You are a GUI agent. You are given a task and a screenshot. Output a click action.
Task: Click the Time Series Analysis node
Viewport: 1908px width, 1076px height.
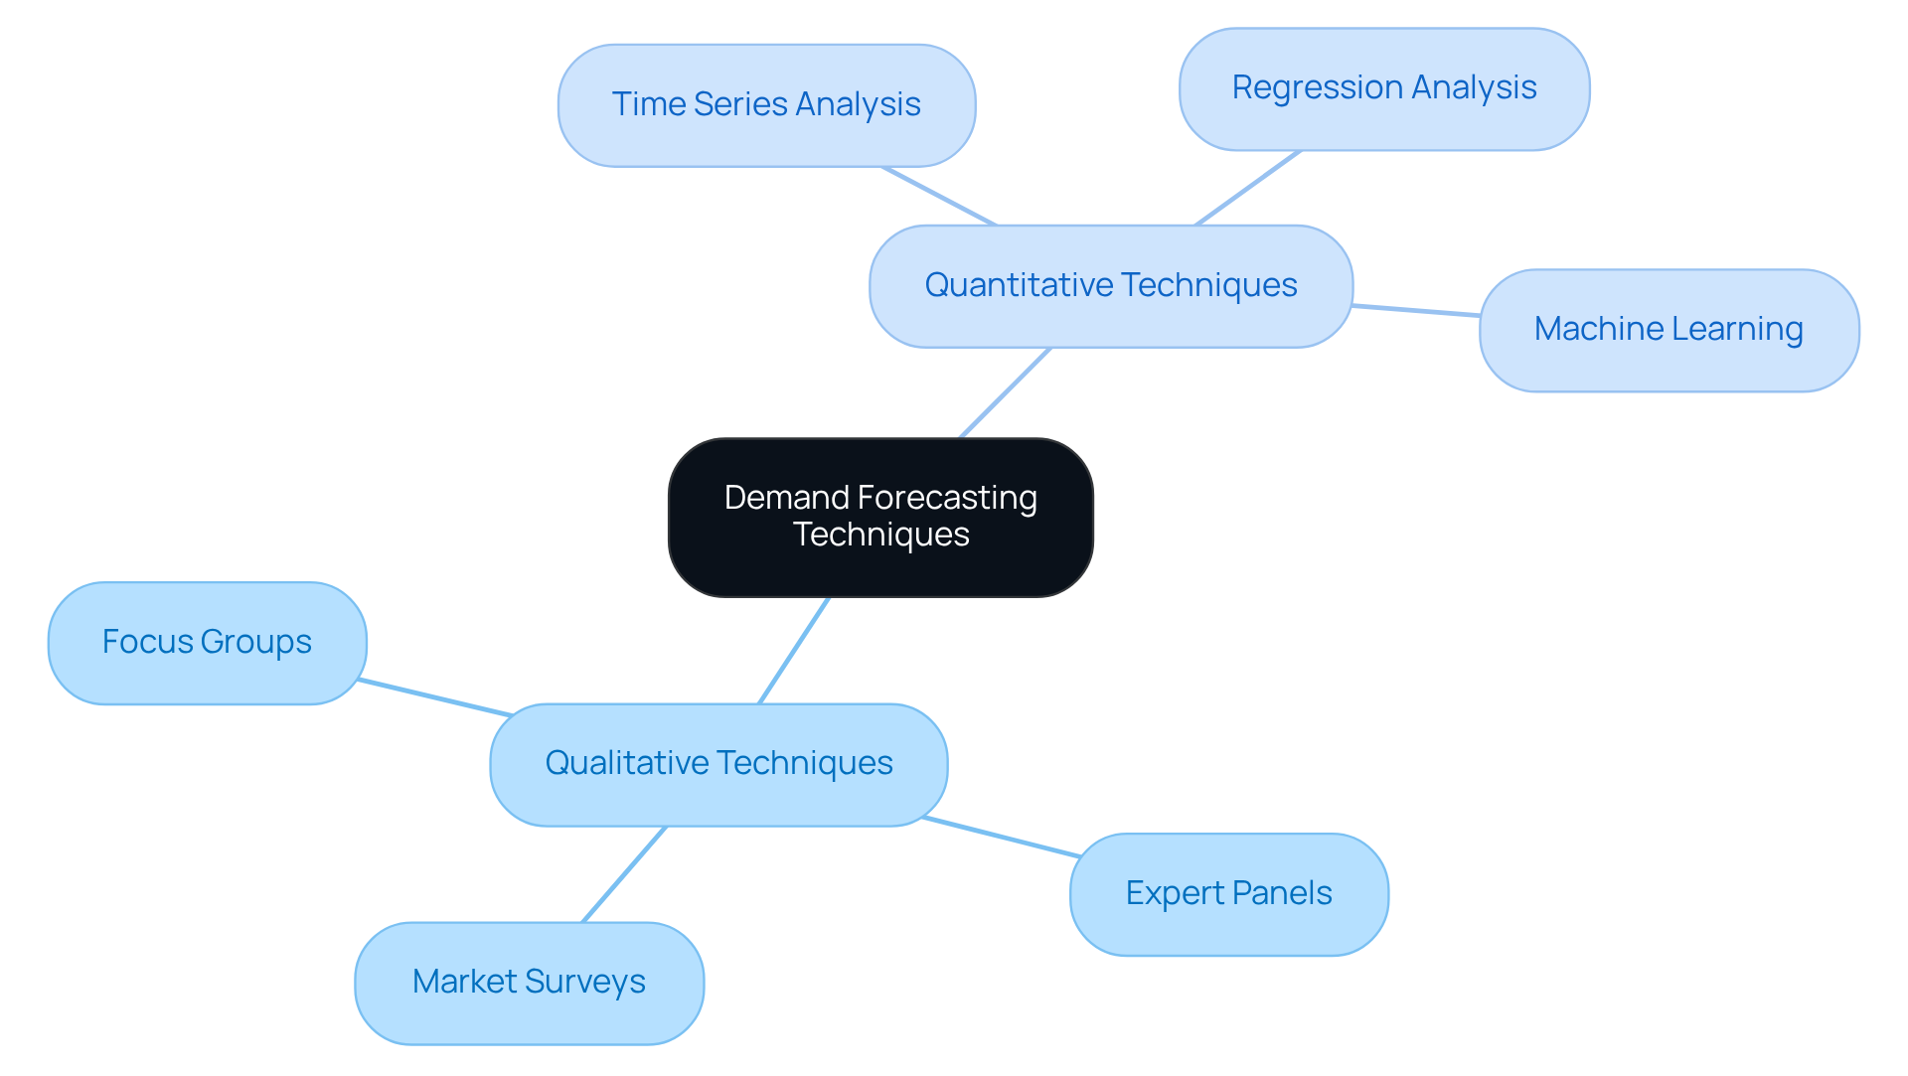(x=766, y=105)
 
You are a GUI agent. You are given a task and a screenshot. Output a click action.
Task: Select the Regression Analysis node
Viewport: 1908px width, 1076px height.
(x=1383, y=89)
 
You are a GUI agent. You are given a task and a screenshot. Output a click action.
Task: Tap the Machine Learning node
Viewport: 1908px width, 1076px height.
(x=1669, y=330)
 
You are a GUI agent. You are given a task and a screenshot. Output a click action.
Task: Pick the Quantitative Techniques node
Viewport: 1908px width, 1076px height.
(x=1110, y=286)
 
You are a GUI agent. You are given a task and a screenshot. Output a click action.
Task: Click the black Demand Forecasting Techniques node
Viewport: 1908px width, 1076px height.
(x=880, y=517)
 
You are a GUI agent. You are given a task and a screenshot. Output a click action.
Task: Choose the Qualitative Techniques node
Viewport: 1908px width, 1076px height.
(x=718, y=764)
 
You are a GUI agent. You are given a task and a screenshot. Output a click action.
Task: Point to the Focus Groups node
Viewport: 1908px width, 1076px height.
(x=207, y=643)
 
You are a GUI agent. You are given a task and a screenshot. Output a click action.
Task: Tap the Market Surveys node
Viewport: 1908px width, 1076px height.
(x=529, y=983)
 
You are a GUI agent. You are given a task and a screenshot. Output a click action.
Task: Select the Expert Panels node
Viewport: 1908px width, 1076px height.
(x=1228, y=894)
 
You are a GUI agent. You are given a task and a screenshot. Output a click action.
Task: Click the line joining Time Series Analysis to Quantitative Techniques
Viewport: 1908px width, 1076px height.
(x=938, y=196)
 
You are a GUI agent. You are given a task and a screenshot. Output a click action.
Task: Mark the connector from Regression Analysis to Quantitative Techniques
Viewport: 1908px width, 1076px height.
(x=1248, y=188)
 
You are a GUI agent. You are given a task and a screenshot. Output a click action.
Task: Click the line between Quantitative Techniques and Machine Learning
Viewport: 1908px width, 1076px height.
(x=1416, y=311)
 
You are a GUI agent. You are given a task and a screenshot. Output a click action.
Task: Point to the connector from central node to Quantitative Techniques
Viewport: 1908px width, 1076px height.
(x=1005, y=392)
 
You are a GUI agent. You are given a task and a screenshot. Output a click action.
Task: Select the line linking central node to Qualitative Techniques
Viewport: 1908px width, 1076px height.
(x=793, y=651)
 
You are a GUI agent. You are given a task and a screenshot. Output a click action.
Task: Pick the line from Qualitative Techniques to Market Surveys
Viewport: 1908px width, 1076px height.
(x=623, y=874)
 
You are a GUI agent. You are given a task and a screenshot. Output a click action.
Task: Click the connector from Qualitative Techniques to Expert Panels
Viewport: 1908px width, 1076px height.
(x=1002, y=837)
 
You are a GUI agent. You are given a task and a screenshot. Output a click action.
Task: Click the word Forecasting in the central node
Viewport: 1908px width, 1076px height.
(x=947, y=498)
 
